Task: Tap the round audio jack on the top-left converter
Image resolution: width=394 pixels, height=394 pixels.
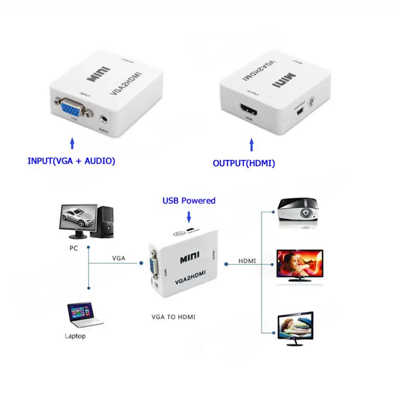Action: pyautogui.click(x=104, y=119)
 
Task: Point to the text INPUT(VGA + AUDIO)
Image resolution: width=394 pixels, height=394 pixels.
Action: pyautogui.click(x=71, y=161)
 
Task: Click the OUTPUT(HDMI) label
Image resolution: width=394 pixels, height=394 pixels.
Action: pyautogui.click(x=243, y=163)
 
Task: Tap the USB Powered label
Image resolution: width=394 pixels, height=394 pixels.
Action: pyautogui.click(x=189, y=200)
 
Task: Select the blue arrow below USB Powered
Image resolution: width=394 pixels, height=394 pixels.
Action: pyautogui.click(x=189, y=216)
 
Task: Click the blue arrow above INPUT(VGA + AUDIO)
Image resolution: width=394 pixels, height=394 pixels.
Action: pyautogui.click(x=71, y=141)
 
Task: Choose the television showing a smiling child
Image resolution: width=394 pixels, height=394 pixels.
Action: pyautogui.click(x=299, y=265)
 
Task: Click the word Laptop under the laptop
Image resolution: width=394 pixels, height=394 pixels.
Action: pyautogui.click(x=75, y=336)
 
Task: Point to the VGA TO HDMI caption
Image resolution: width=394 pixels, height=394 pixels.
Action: pyautogui.click(x=173, y=317)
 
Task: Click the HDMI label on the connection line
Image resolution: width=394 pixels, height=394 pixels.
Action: pyautogui.click(x=247, y=261)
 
